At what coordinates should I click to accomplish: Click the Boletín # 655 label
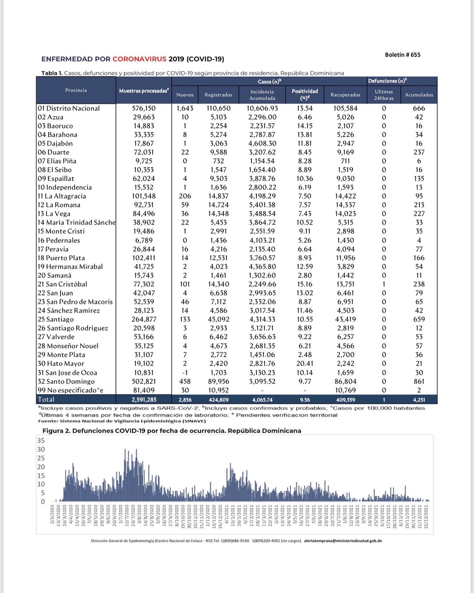pos(402,55)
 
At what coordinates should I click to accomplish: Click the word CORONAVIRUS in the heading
pos(139,59)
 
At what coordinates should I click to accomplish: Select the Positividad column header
pos(305,94)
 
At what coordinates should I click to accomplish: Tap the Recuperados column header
pos(345,95)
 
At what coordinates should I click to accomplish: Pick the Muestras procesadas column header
pos(144,91)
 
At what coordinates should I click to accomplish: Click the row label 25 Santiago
pos(56,319)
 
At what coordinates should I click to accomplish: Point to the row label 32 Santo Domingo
pos(66,381)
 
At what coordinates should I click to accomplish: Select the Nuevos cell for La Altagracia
pos(185,196)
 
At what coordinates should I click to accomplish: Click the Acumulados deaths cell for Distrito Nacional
pos(419,108)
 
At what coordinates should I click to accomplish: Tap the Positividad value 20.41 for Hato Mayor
pos(305,364)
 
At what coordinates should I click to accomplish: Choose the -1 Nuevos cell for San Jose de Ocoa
pos(185,372)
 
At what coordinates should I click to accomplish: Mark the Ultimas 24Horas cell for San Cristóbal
pos(384,284)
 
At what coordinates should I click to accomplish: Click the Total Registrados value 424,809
pos(218,400)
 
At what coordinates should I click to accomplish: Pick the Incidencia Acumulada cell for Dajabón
pos(262,143)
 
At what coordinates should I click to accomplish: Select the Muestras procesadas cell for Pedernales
pos(144,240)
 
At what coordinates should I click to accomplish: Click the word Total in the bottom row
pos(46,400)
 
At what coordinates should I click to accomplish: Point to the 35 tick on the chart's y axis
pos(41,441)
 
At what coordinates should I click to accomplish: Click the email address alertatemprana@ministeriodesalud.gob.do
pos(343,541)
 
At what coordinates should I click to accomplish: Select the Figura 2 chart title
pos(172,431)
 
